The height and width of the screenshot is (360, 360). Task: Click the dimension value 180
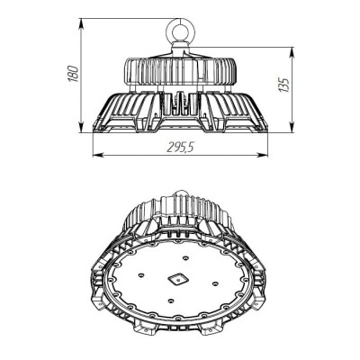click(74, 74)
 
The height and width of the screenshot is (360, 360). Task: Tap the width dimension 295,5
click(181, 147)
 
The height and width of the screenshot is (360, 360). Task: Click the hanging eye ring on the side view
click(180, 30)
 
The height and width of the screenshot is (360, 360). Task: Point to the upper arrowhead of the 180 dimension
click(81, 24)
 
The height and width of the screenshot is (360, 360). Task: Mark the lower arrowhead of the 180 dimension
click(81, 127)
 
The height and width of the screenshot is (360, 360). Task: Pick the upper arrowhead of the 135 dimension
click(292, 53)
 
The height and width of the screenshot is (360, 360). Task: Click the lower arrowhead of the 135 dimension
click(292, 127)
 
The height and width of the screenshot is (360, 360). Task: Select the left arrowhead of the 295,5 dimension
click(98, 155)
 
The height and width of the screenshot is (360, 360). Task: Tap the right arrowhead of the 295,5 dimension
click(262, 155)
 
